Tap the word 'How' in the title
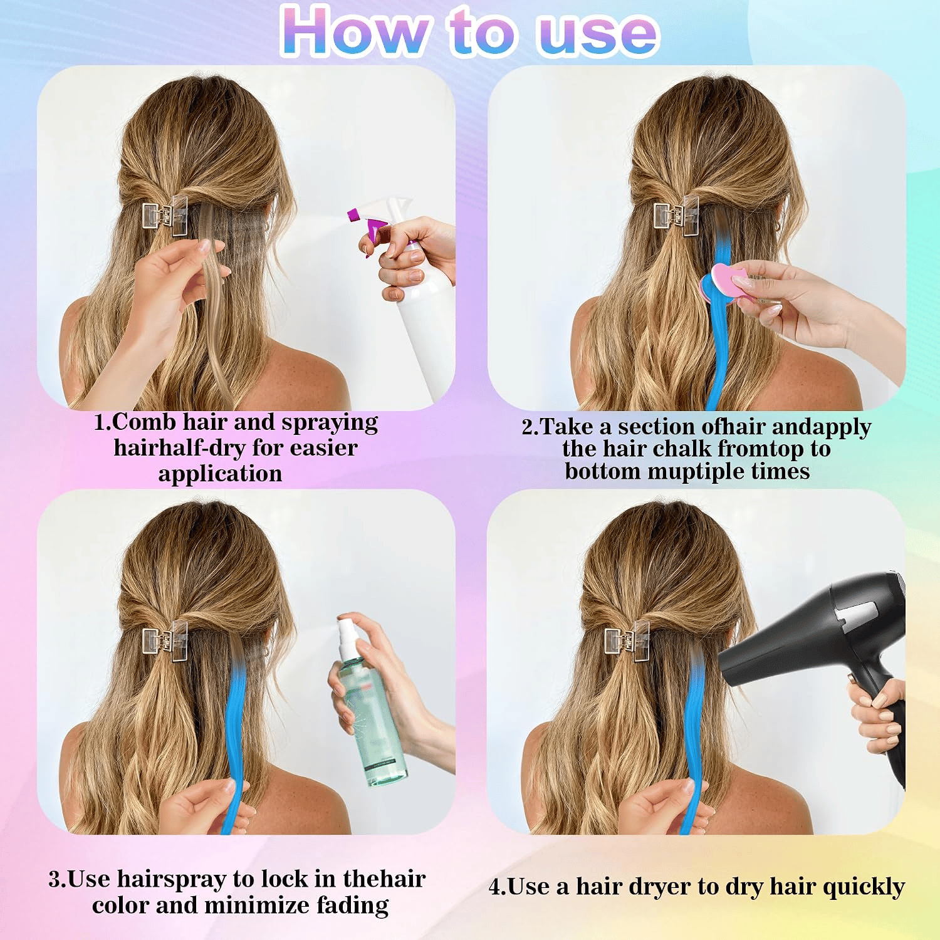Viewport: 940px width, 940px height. coord(356,31)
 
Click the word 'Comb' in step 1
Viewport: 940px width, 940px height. coord(144,422)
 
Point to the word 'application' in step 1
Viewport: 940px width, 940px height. coord(220,474)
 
